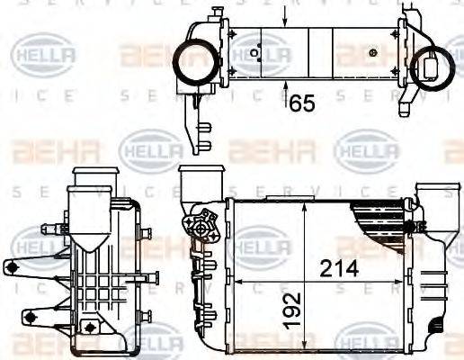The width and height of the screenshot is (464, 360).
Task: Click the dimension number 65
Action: [302, 103]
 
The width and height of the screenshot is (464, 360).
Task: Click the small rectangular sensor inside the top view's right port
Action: [437, 65]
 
